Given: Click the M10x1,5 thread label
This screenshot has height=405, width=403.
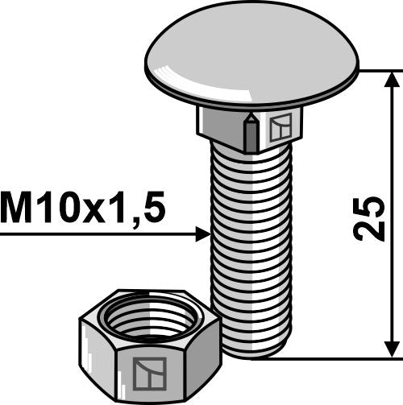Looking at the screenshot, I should coord(83,209).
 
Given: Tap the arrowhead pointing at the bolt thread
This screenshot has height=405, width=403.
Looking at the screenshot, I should coord(201,234).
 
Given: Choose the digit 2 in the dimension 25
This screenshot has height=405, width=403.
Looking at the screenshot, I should coord(366,230).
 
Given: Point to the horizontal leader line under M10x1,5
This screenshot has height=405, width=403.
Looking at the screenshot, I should coord(97,234).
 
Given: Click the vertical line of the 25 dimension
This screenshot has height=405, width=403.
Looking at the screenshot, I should coord(392,161).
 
